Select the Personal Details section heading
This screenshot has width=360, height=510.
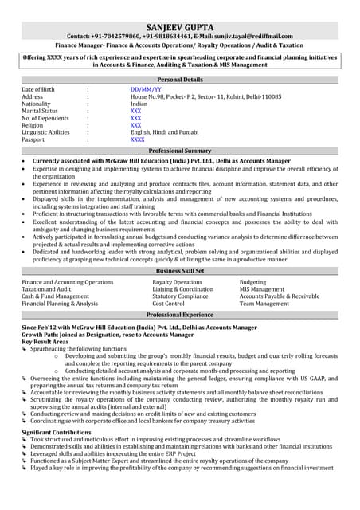click(x=181, y=80)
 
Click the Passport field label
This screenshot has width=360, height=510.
click(x=34, y=139)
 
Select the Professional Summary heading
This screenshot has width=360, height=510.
click(x=181, y=151)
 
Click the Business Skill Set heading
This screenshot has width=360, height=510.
click(x=181, y=271)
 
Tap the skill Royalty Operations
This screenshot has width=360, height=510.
click(x=177, y=282)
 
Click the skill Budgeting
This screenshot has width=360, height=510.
click(x=253, y=282)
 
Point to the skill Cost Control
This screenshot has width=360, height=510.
click(x=168, y=304)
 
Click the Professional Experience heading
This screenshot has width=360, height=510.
click(x=181, y=316)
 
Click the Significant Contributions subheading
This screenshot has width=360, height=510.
click(x=63, y=431)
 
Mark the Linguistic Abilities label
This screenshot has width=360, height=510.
click(x=45, y=132)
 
